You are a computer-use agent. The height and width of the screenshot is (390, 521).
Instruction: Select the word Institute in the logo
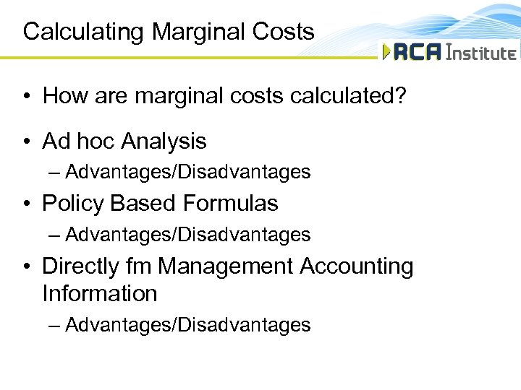(x=481, y=52)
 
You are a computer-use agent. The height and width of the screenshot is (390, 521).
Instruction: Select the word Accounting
(x=357, y=266)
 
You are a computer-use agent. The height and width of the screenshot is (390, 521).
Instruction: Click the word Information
(x=99, y=294)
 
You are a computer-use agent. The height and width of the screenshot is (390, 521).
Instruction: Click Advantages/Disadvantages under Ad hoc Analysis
(x=187, y=172)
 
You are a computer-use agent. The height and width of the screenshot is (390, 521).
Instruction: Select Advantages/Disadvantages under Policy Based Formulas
(x=187, y=235)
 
